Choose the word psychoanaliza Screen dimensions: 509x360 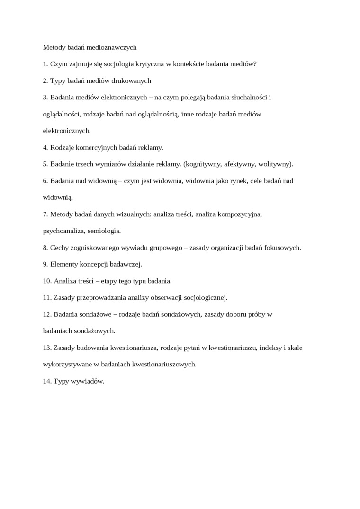click(63, 231)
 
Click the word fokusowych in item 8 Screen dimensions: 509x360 click(283, 248)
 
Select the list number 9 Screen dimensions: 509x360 click(45, 264)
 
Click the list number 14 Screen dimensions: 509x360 click(47, 381)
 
